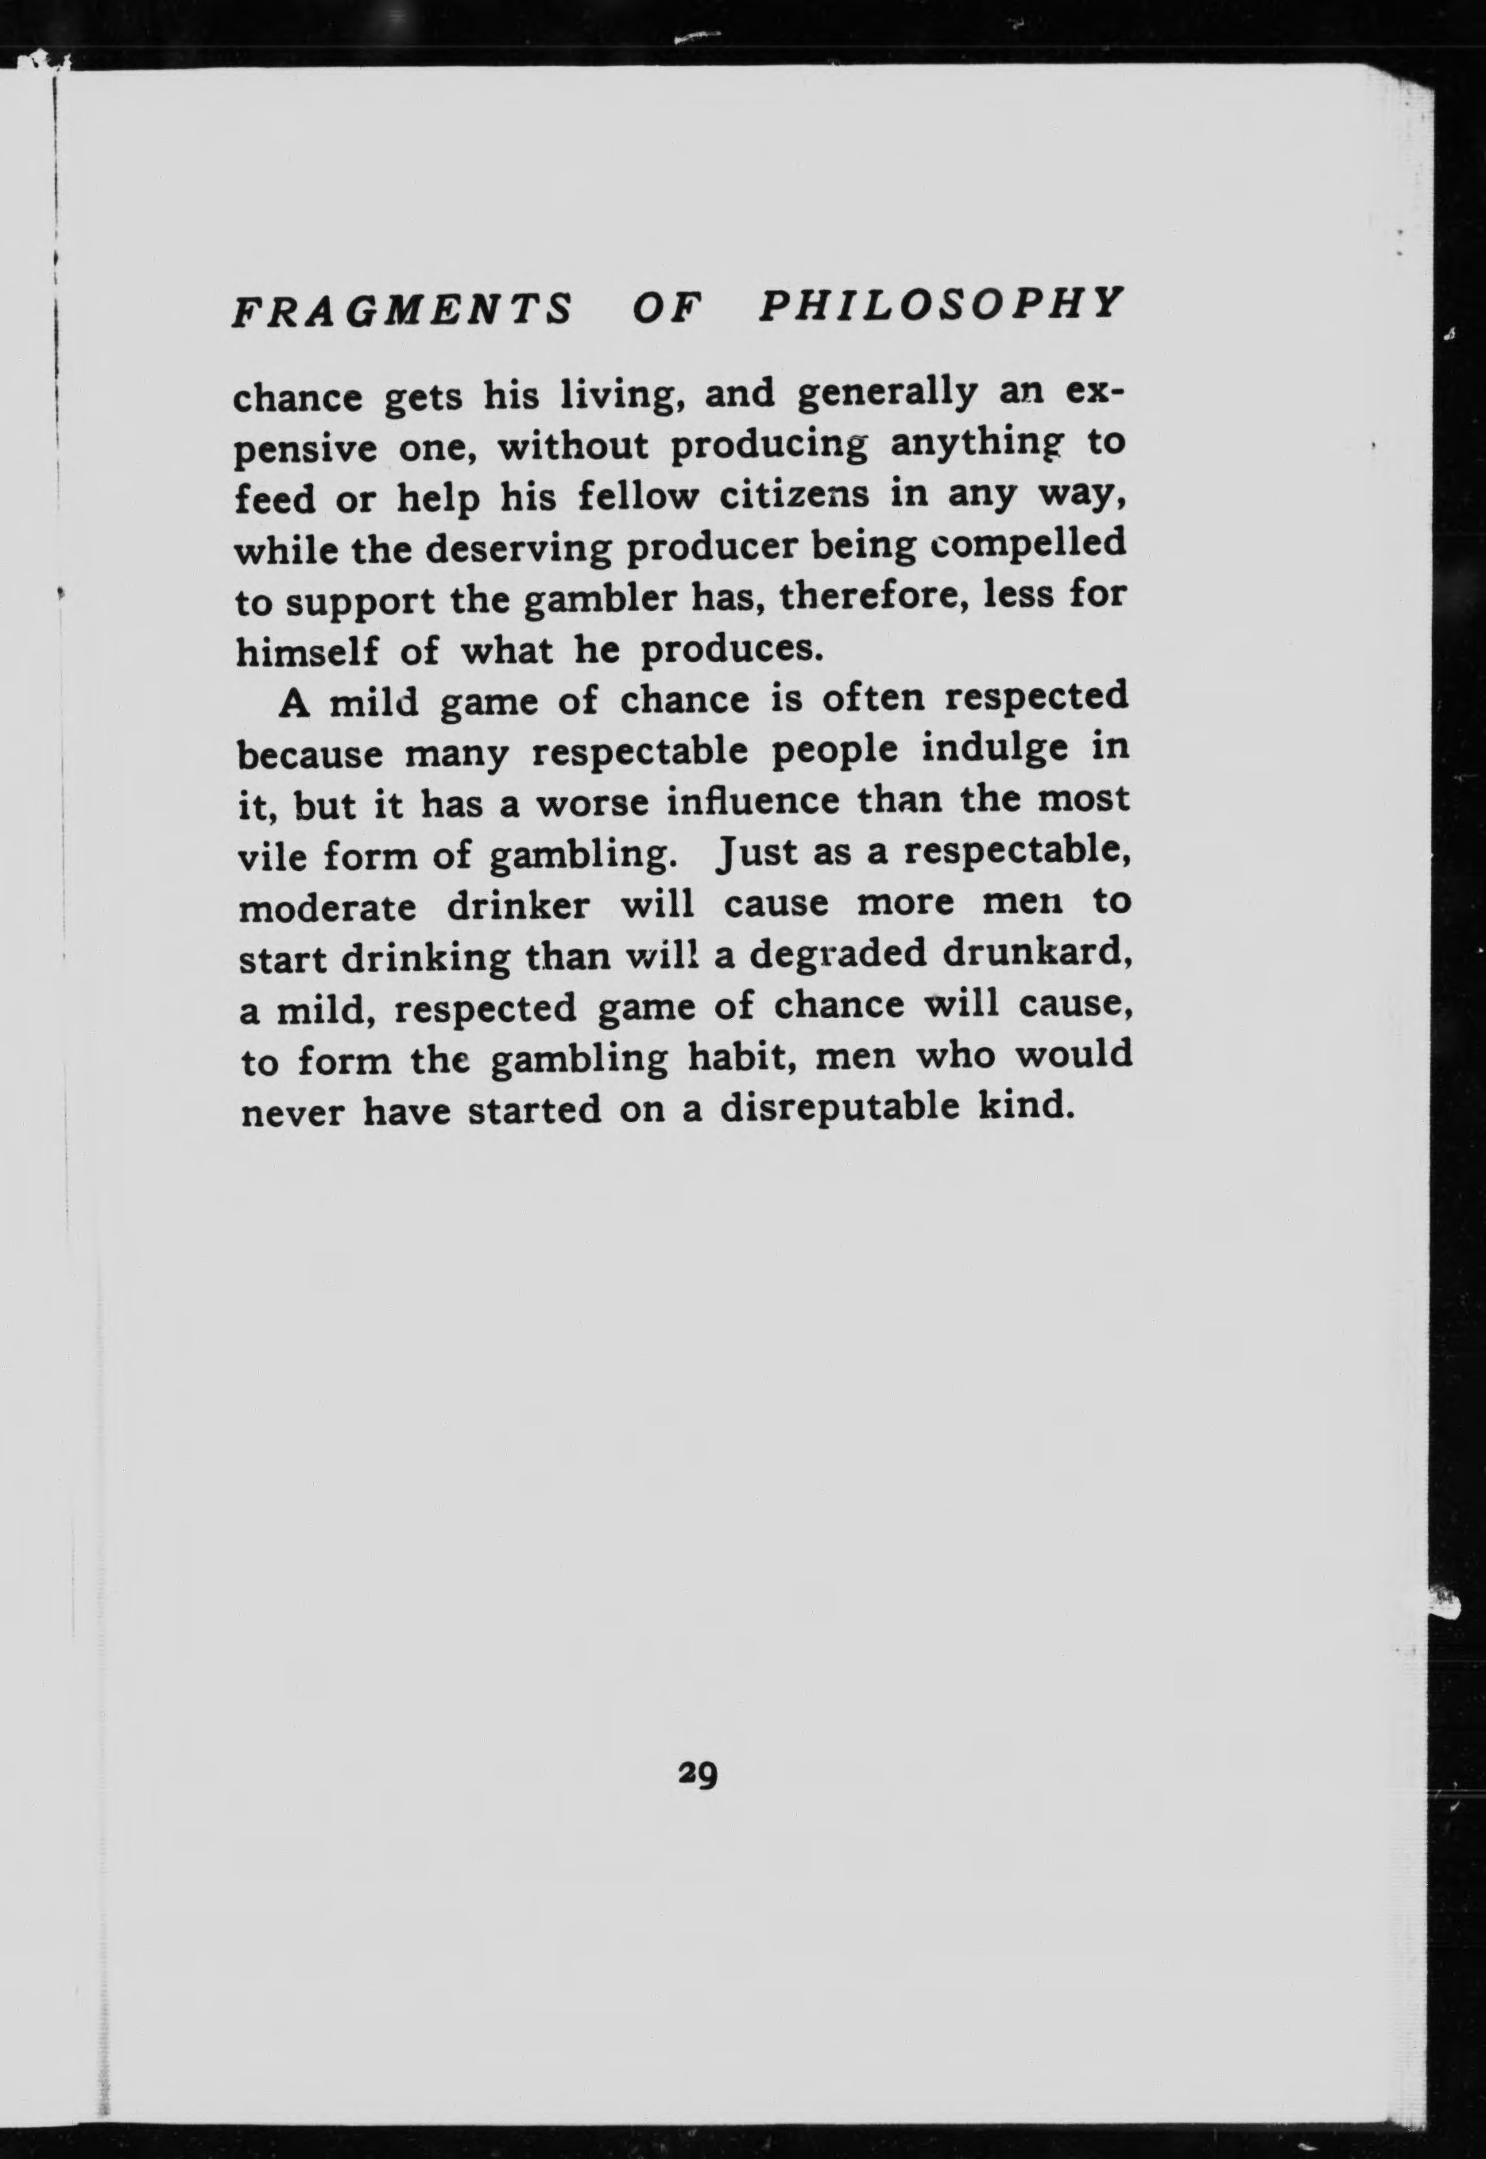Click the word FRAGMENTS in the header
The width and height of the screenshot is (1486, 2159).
click(401, 309)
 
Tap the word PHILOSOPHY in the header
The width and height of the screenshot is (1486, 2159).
click(939, 304)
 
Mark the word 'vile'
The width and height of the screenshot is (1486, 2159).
click(272, 855)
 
